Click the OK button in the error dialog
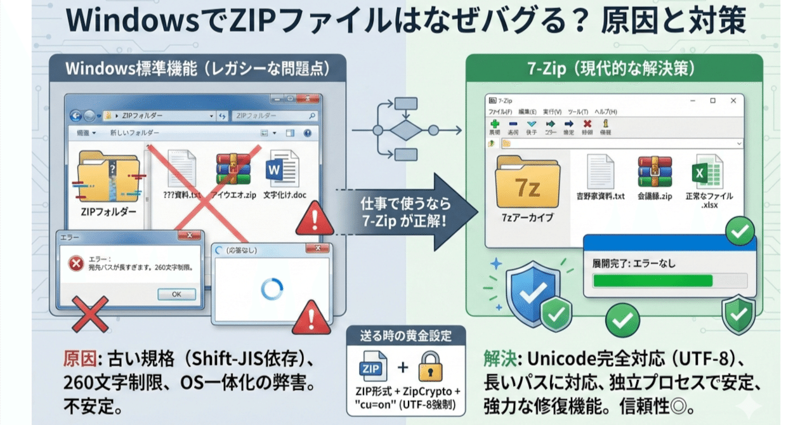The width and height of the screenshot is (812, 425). coord(176,294)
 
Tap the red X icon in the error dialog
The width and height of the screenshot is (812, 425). coord(76,263)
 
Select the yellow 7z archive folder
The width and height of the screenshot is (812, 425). coord(527,183)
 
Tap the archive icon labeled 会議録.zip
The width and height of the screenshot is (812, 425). coord(655,171)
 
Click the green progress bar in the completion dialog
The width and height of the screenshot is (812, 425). coord(652,280)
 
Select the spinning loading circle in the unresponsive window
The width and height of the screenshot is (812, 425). coord(272,289)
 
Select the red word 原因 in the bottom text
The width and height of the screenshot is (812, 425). coord(78,359)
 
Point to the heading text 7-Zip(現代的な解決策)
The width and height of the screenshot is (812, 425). coord(614,68)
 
